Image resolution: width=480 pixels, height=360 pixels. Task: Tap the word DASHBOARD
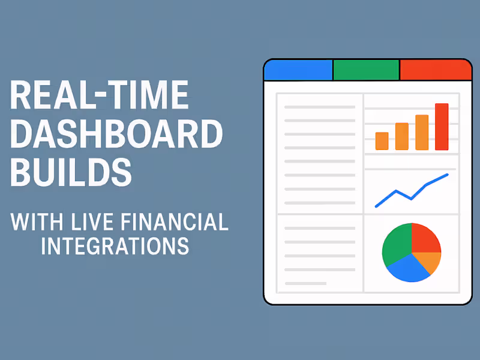(x=116, y=134)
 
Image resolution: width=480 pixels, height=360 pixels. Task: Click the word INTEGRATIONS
(x=115, y=246)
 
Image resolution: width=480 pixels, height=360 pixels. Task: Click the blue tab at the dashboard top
(x=298, y=70)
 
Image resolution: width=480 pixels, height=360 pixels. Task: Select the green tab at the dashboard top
(x=366, y=70)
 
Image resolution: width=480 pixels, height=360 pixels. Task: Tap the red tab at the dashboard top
(x=435, y=70)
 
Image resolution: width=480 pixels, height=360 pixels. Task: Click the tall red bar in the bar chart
(x=442, y=127)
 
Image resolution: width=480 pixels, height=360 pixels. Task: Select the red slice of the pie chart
(x=425, y=237)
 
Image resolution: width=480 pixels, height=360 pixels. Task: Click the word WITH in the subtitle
(x=37, y=223)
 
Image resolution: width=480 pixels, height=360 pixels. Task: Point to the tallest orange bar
(x=422, y=132)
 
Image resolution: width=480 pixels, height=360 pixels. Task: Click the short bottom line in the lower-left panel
(x=305, y=283)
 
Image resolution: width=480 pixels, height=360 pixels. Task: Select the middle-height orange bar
(x=402, y=136)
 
